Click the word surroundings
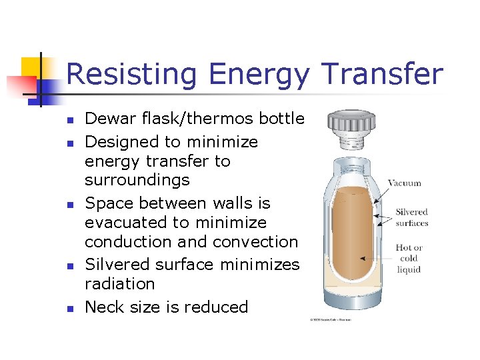tap(137, 180)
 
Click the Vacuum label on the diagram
tap(404, 183)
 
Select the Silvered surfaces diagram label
tap(411, 218)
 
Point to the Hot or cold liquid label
tap(408, 259)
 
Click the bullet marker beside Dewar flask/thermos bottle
tap(68, 121)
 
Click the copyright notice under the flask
tap(330, 320)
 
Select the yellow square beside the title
tap(32, 68)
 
